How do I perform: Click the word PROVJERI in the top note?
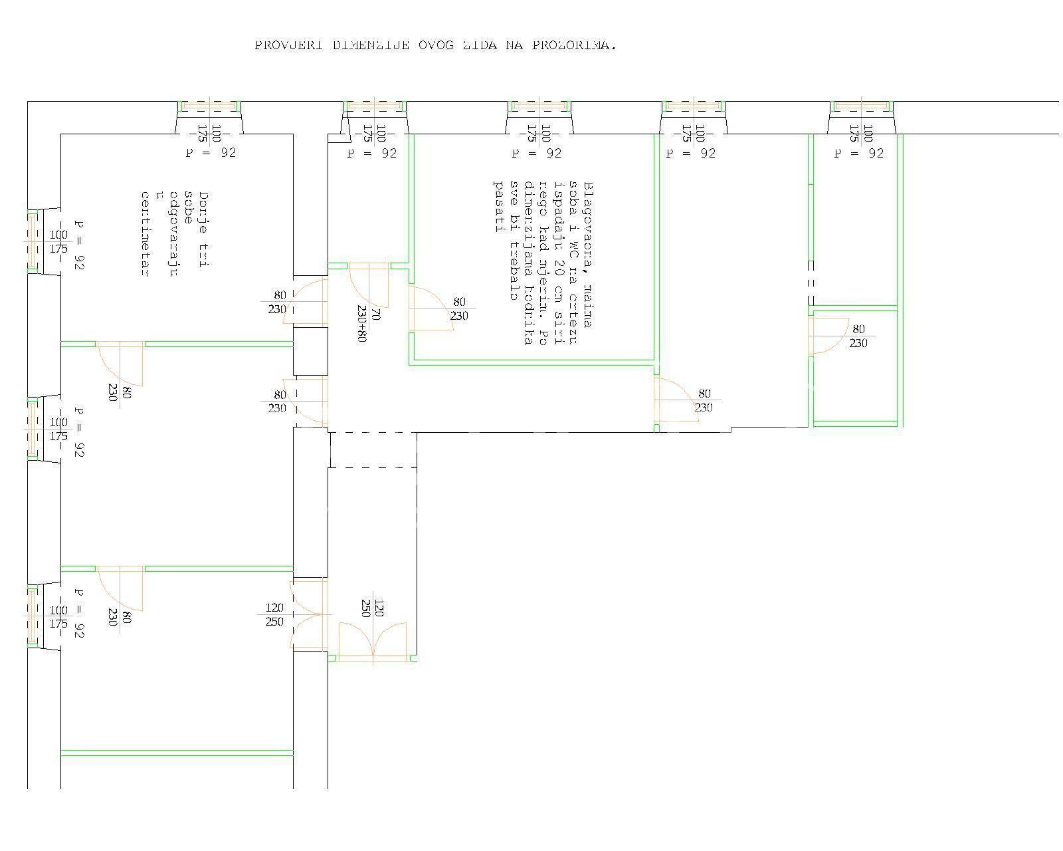(x=288, y=45)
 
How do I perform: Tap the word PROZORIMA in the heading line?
(x=573, y=45)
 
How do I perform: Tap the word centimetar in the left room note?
(x=142, y=233)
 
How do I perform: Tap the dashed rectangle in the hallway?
(x=372, y=450)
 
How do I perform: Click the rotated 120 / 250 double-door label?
(x=372, y=608)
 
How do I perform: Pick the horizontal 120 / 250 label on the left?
(x=274, y=615)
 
